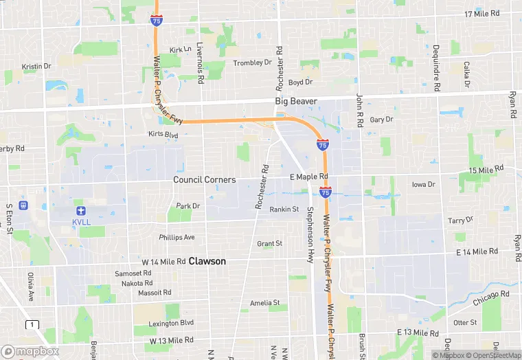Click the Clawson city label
pyautogui.click(x=207, y=261)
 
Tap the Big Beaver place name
pyautogui.click(x=296, y=101)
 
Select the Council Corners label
pyautogui.click(x=204, y=179)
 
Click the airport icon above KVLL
pyautogui.click(x=81, y=210)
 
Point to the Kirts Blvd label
pyautogui.click(x=163, y=135)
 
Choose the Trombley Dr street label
pyautogui.click(x=252, y=63)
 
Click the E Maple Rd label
pyautogui.click(x=308, y=177)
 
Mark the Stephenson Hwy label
pyautogui.click(x=310, y=234)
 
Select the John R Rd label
pyautogui.click(x=359, y=111)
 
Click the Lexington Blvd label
pyautogui.click(x=172, y=323)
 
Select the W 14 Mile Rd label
pyautogui.click(x=163, y=262)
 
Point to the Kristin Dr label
pyautogui.click(x=36, y=67)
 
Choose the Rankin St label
pyautogui.click(x=284, y=210)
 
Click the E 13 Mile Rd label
pyautogui.click(x=417, y=333)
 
